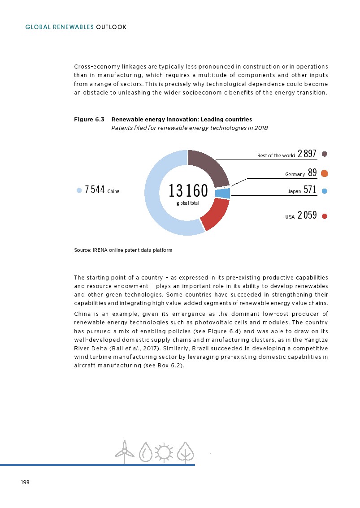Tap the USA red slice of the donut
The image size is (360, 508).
(x=214, y=214)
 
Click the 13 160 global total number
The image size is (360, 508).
(x=188, y=191)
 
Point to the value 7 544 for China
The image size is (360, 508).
(x=95, y=190)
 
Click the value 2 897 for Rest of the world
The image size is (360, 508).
(x=307, y=154)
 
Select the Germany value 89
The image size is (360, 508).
(x=312, y=173)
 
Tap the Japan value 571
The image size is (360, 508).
(x=310, y=190)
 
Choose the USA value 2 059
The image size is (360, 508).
(x=307, y=215)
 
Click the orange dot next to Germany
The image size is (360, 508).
(x=325, y=173)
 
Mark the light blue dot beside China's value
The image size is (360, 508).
(x=79, y=190)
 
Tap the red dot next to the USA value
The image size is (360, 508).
(x=325, y=216)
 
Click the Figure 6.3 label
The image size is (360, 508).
(x=89, y=120)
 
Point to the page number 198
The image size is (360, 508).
(x=25, y=482)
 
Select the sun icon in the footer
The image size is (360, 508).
(x=164, y=452)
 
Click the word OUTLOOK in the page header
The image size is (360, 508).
(x=112, y=27)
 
